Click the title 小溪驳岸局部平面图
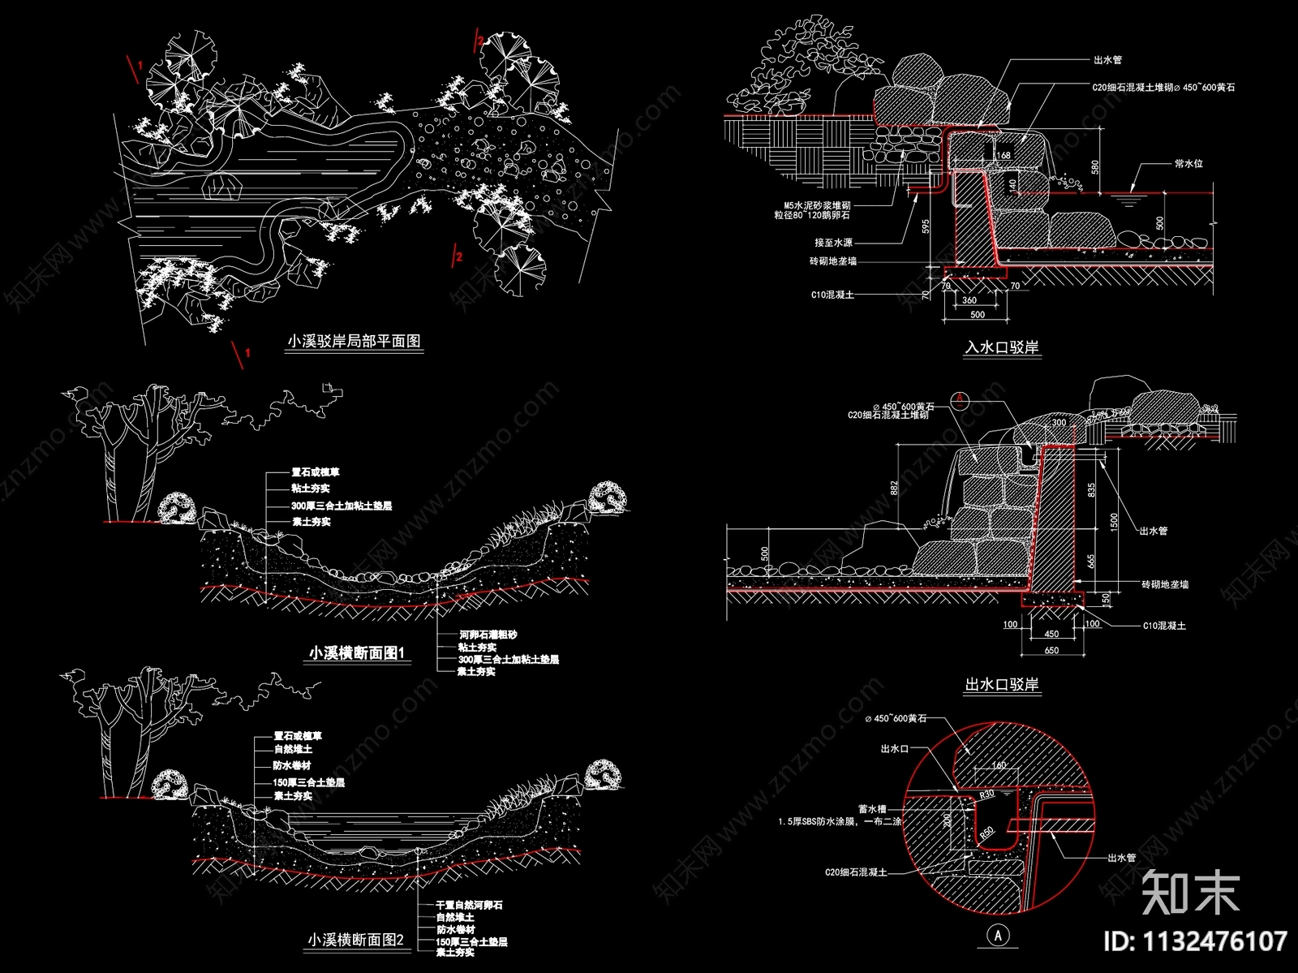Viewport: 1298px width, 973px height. click(x=355, y=342)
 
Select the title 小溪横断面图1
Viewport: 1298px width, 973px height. click(x=356, y=653)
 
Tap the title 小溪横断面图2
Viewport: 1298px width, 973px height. click(x=355, y=940)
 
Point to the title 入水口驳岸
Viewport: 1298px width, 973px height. click(x=1001, y=347)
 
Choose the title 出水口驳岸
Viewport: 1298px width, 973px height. click(x=1001, y=685)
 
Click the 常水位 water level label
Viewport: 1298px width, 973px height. click(x=1188, y=163)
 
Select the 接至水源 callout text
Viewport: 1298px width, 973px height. click(x=833, y=243)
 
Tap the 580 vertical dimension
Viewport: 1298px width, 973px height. click(x=1095, y=167)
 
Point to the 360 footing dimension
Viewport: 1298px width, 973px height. click(x=969, y=300)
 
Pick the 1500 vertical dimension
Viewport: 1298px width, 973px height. click(x=1115, y=521)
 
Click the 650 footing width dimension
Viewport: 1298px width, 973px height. click(x=1051, y=650)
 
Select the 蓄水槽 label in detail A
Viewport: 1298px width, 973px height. click(x=872, y=809)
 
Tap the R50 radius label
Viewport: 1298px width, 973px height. click(x=986, y=833)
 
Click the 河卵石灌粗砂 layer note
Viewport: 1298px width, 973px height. click(x=488, y=635)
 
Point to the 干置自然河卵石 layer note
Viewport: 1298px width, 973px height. click(x=469, y=905)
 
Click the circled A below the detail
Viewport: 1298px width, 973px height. click(x=999, y=935)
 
